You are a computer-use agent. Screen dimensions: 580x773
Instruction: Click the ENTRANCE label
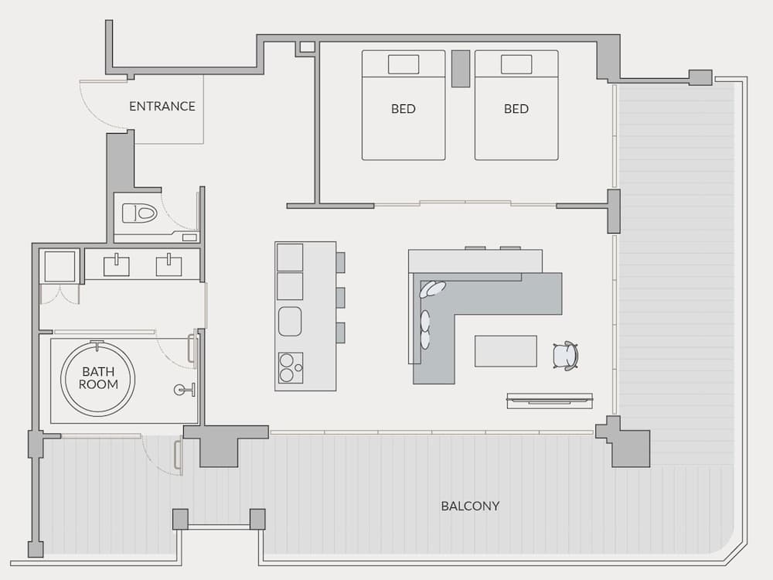(x=162, y=107)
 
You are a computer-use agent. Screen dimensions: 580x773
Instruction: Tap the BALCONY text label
(x=470, y=506)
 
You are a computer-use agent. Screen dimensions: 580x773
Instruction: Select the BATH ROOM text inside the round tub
(x=98, y=378)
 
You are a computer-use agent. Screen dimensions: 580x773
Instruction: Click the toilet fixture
(x=140, y=213)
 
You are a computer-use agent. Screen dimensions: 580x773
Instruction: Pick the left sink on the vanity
(x=117, y=265)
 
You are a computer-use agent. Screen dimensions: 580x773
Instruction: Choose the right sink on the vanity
(x=169, y=265)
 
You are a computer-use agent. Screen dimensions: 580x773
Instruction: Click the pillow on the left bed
(x=403, y=64)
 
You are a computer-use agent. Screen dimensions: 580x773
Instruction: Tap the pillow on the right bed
(x=516, y=64)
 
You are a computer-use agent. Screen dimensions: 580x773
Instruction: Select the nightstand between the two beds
(x=460, y=68)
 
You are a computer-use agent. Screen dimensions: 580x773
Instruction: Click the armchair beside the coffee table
(x=565, y=356)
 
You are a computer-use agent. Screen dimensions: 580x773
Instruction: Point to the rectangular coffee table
(x=506, y=351)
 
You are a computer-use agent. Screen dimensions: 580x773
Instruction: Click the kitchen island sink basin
(x=290, y=321)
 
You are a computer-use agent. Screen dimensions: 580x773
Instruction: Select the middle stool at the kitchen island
(x=340, y=297)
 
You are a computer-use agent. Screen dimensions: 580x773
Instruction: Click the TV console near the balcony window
(x=550, y=401)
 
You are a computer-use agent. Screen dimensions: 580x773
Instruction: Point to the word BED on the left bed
(x=403, y=109)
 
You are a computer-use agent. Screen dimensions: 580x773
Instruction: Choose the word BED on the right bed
(x=516, y=109)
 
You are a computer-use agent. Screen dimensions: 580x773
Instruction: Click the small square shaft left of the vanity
(x=60, y=267)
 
